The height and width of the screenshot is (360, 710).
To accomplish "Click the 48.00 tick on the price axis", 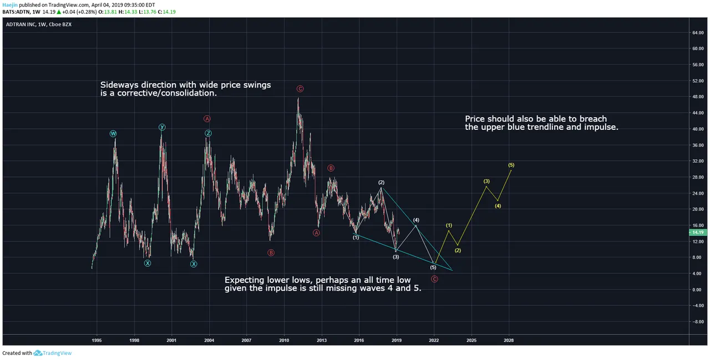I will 697,97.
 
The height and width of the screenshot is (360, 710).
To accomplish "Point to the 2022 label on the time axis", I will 434,339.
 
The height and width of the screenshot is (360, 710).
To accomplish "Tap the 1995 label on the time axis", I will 97,339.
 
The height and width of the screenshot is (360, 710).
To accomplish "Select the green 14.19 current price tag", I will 697,232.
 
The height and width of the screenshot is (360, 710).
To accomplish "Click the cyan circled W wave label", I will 113,134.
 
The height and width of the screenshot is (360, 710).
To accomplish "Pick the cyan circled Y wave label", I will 162,128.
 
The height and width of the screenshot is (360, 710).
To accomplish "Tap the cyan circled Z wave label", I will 208,133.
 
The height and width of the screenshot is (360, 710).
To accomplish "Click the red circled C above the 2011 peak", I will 300,89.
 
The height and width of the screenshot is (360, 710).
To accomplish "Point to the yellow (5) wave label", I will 511,165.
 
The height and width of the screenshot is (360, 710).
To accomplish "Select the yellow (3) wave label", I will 486,181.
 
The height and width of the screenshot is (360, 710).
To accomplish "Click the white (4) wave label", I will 416,220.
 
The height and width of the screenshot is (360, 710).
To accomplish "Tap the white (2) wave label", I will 382,182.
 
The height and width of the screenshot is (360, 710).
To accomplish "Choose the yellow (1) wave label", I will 449,225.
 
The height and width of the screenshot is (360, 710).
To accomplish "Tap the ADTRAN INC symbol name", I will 21,24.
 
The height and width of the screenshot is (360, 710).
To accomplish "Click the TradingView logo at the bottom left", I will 53,353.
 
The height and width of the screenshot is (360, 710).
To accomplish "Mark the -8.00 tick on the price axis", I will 696,322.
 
